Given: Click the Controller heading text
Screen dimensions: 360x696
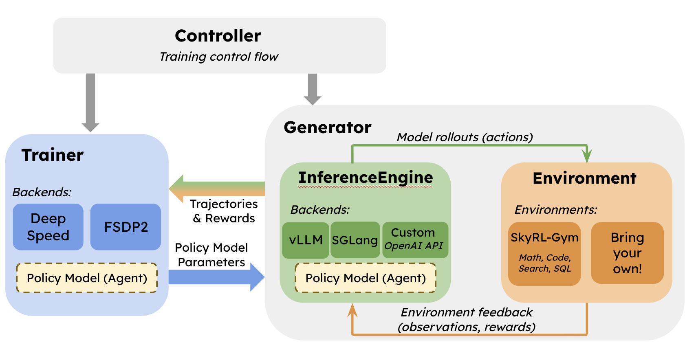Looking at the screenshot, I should coord(218,36).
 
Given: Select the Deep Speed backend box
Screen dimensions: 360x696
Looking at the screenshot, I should coord(48,227).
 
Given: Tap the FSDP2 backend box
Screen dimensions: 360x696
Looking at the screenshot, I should coord(126,227).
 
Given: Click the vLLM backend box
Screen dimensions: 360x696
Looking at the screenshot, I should coord(306,240).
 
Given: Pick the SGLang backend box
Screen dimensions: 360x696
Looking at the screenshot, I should coord(355,240).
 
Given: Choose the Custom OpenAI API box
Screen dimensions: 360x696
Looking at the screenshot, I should coord(415,239).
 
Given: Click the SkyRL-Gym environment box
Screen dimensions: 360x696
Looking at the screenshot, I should coord(544,253).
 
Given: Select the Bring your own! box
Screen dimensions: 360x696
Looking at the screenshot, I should coord(627,253).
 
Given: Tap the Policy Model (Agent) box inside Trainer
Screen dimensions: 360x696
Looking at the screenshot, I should coord(87,278).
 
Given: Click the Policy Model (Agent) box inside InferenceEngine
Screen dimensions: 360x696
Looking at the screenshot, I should coord(366,278).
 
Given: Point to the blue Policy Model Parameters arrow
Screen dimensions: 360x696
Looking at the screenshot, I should coord(216,277).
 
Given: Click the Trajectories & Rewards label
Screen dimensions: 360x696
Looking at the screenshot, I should coord(224,211).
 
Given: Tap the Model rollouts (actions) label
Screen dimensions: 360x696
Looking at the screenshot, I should coord(465,137).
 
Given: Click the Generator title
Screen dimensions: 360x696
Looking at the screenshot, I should coord(328,127).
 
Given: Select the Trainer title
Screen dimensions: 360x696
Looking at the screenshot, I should coord(53,155).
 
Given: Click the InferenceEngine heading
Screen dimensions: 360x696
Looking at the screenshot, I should coord(366,178).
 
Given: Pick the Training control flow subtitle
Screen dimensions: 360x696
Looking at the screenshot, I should coord(219,57).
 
